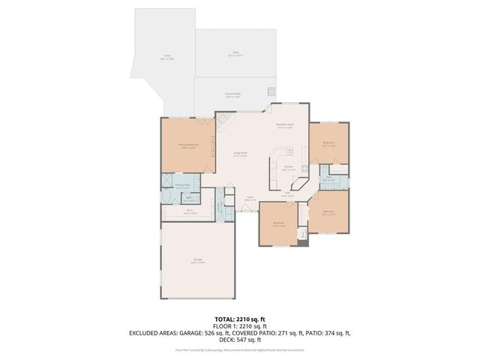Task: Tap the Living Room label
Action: click(240, 154)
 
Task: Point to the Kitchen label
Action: click(287, 169)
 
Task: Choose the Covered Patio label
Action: click(232, 95)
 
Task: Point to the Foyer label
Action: click(250, 199)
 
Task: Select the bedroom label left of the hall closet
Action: click(278, 223)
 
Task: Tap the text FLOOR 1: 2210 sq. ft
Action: click(240, 325)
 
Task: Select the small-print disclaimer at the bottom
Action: click(240, 349)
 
